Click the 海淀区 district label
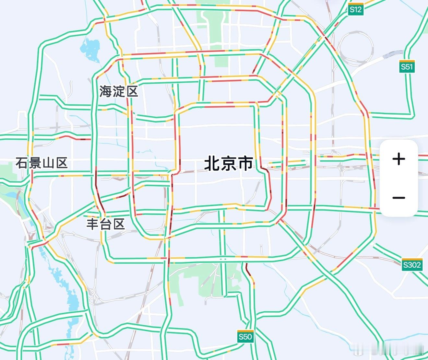[x=119, y=92]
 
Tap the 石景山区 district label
[x=42, y=163]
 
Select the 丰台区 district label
[x=106, y=224]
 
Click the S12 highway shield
[x=355, y=9]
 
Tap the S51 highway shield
[x=407, y=67]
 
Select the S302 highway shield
[x=412, y=265]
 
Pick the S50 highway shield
[x=245, y=337]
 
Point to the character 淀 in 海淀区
[x=119, y=92]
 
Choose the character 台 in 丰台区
[x=106, y=224]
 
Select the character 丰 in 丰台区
[x=93, y=224]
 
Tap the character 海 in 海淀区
[x=106, y=92]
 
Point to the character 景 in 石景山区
[x=35, y=163]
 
